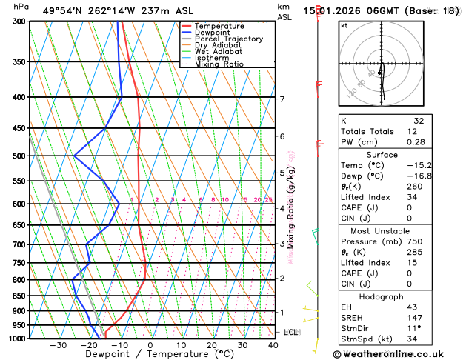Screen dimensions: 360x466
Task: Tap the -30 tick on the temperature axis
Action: (58, 346)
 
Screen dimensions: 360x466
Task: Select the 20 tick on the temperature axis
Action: (212, 346)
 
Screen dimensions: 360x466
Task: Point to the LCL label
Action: (290, 333)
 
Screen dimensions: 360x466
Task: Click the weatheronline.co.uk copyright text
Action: (398, 354)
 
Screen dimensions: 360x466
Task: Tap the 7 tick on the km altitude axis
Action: (282, 99)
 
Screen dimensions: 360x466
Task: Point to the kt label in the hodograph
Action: (344, 25)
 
